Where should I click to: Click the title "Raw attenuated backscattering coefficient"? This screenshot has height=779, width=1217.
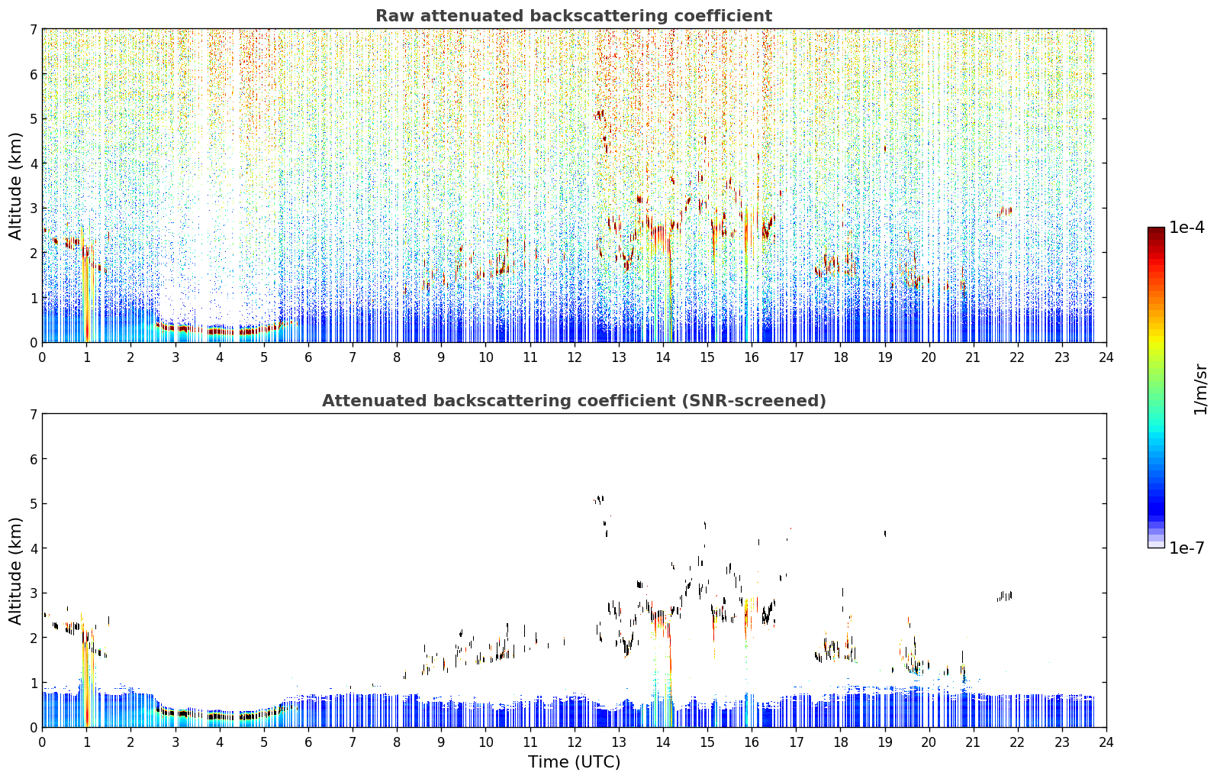574,16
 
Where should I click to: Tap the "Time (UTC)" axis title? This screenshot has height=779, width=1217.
574,762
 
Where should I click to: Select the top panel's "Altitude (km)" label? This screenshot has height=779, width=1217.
15,186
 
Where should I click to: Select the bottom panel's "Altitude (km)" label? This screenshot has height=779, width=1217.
15,571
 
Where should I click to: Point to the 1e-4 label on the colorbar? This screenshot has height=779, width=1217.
1186,228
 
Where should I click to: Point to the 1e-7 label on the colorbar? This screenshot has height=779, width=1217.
1186,548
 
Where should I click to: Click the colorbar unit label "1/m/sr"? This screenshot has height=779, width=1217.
1200,389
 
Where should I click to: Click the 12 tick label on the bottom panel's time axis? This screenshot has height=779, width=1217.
575,742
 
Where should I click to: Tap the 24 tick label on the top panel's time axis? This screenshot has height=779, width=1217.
1106,357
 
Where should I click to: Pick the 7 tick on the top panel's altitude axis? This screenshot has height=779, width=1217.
33,29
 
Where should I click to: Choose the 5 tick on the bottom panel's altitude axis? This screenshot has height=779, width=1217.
33,504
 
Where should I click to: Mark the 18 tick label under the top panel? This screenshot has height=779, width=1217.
841,357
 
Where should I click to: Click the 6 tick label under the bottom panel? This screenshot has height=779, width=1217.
308,742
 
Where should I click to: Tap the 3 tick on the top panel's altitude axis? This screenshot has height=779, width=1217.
33,208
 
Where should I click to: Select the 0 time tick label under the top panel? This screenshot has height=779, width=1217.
43,357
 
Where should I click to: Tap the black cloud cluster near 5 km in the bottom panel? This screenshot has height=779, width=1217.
599,499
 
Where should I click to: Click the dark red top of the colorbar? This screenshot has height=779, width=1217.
1156,231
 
